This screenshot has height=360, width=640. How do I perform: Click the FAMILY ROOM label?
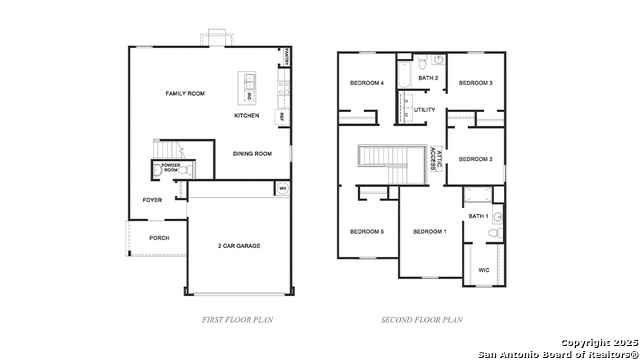185,93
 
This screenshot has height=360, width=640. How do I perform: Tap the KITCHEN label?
247,116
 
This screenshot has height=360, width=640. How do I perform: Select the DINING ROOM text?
252,154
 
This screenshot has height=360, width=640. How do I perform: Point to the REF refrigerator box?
282,116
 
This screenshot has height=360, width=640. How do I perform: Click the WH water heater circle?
282,188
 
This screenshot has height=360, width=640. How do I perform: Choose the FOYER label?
152,200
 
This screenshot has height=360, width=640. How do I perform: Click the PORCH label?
159,238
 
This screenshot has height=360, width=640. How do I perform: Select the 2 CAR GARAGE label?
239,245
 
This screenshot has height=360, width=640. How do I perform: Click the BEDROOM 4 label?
367,83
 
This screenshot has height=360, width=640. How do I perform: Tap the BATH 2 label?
428,78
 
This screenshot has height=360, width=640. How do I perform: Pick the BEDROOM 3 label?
475,83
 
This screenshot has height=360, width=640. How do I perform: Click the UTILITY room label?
425,110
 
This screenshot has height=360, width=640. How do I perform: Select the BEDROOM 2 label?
476,159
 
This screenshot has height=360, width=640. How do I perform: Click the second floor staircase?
380,157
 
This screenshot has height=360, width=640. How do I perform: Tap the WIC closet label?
484,269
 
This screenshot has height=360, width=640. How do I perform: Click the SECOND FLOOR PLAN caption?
422,320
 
